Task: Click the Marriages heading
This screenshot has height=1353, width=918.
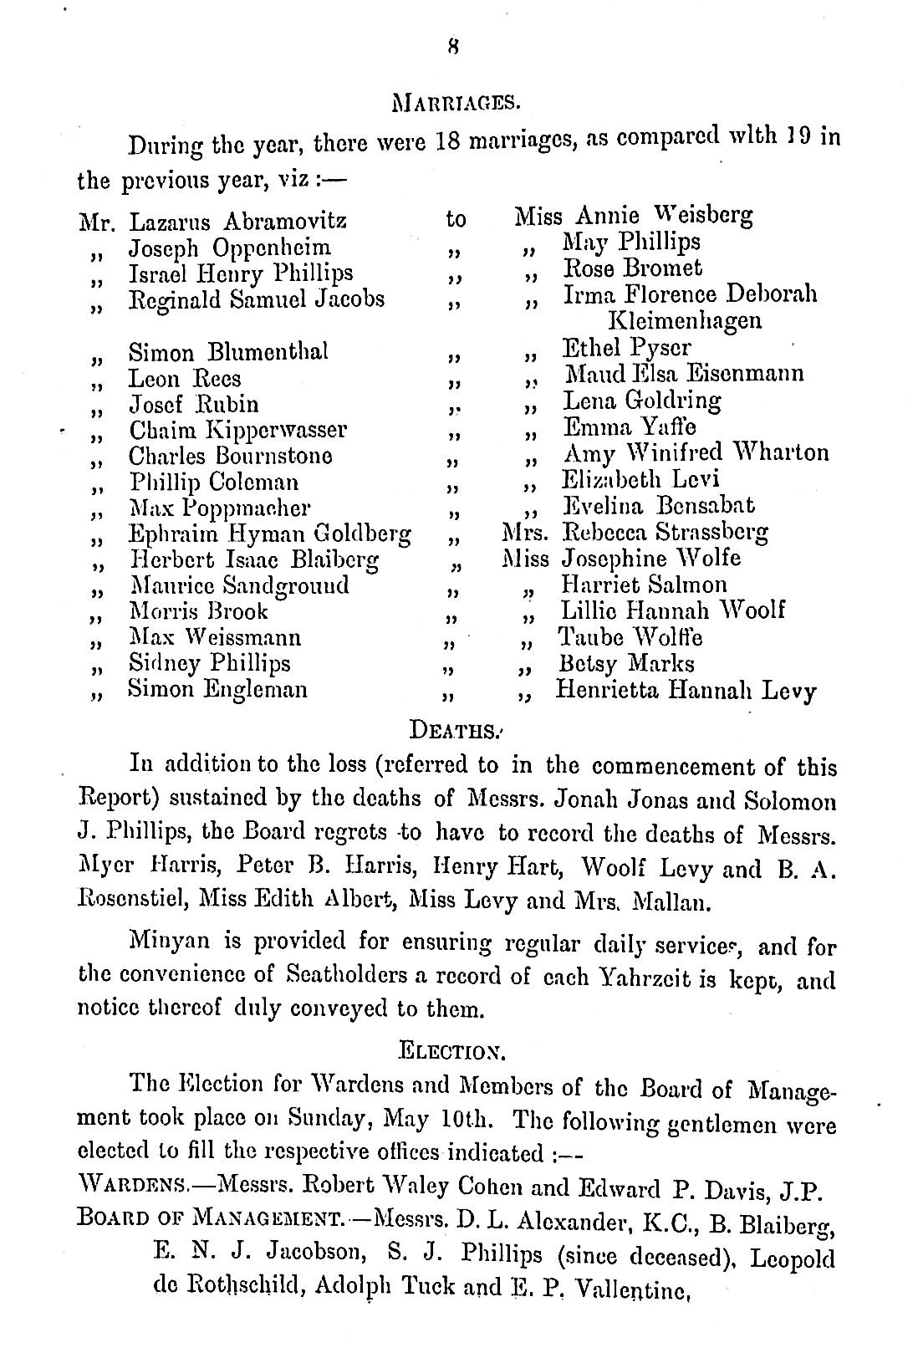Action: tap(457, 105)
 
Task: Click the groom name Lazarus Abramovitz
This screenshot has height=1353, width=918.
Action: tap(237, 222)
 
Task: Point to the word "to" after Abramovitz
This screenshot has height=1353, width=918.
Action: tap(456, 221)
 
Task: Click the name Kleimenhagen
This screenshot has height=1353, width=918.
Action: tap(684, 320)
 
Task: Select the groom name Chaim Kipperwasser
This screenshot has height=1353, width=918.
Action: tap(237, 431)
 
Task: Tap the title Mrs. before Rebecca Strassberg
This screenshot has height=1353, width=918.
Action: tap(526, 533)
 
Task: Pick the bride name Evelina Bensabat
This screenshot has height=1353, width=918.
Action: tap(659, 506)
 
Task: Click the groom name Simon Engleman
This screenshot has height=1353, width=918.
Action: tap(217, 690)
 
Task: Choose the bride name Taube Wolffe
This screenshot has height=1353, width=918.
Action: tap(630, 638)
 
